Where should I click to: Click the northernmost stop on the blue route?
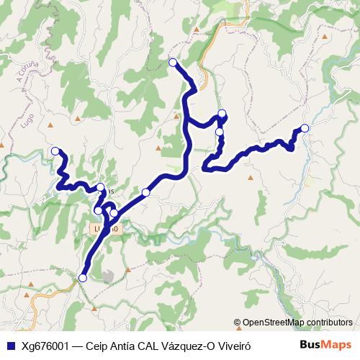point(173,63)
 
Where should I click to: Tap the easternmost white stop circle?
point(305,128)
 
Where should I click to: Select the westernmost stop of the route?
point(55,151)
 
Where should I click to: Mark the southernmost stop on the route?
point(82,278)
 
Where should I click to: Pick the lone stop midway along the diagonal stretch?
point(146,192)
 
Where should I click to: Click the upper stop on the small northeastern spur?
point(222,113)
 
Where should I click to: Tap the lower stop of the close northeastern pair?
point(220,132)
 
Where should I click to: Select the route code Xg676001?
point(45,346)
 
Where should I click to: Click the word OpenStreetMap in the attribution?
point(273,323)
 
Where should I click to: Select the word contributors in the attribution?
point(329,323)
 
